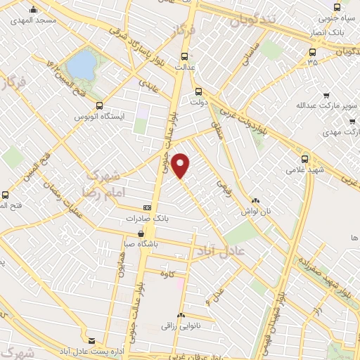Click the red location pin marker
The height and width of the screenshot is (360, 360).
point(181,166)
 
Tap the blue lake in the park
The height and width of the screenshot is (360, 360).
point(82,65)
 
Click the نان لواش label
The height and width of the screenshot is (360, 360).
point(257,210)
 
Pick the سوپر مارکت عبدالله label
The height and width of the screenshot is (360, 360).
point(326,106)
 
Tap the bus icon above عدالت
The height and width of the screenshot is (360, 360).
point(185,56)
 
